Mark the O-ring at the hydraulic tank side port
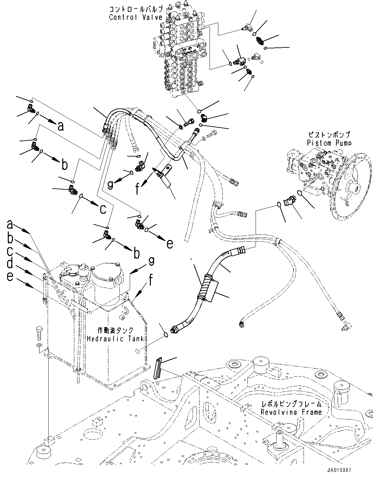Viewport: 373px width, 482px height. coord(166,334)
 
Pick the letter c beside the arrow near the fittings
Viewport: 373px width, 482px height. coord(102,209)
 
